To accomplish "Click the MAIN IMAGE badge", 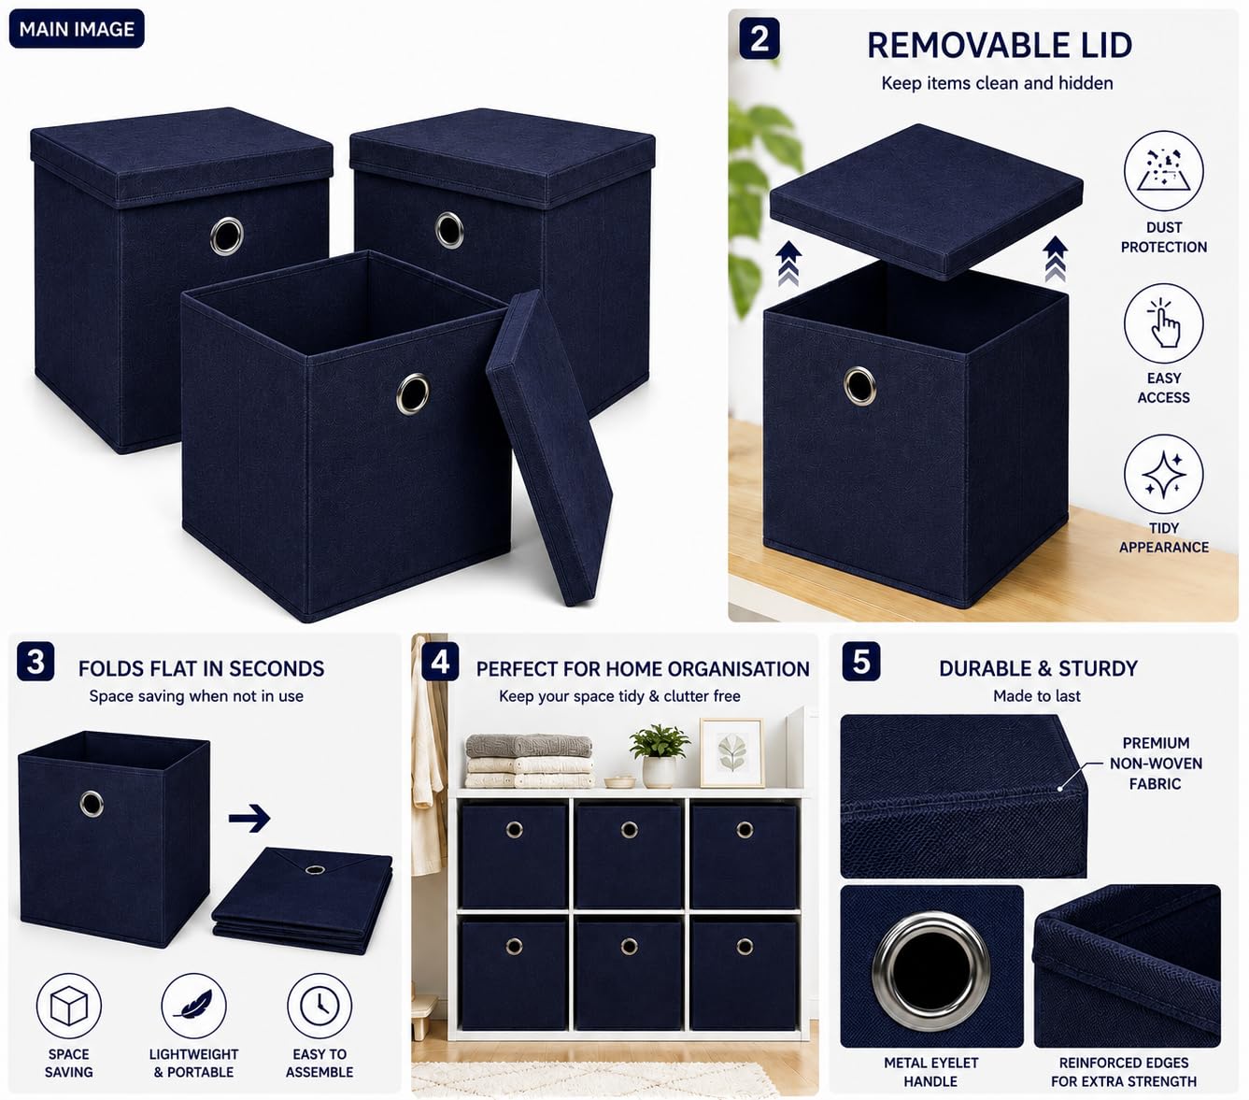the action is pyautogui.click(x=77, y=28).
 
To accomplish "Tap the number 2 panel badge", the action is pyautogui.click(x=759, y=38).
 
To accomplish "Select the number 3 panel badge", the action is pyautogui.click(x=35, y=661).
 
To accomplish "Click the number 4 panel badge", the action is pyautogui.click(x=440, y=661).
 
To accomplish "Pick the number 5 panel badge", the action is pyautogui.click(x=860, y=661).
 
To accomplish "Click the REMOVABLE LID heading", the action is pyautogui.click(x=1000, y=45).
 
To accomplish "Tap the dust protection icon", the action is pyautogui.click(x=1163, y=170).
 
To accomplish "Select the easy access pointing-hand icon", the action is pyautogui.click(x=1163, y=322).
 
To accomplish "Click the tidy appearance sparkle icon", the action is pyautogui.click(x=1163, y=473).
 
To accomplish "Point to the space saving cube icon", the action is pyautogui.click(x=68, y=1005).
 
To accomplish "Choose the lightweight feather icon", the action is pyautogui.click(x=193, y=1005).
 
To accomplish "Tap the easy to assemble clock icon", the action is pyautogui.click(x=319, y=1005).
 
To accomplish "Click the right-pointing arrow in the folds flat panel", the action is pyautogui.click(x=249, y=818).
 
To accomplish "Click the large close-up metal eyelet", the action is pyautogui.click(x=930, y=972).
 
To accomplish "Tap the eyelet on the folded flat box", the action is pyautogui.click(x=315, y=870).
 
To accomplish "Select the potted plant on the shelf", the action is pyautogui.click(x=659, y=755).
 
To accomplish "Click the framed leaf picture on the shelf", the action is pyautogui.click(x=731, y=752).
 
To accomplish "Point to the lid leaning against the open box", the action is pyautogui.click(x=548, y=447).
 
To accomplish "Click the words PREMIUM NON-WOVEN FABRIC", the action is pyautogui.click(x=1156, y=764).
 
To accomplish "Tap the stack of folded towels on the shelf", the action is pyautogui.click(x=529, y=760).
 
